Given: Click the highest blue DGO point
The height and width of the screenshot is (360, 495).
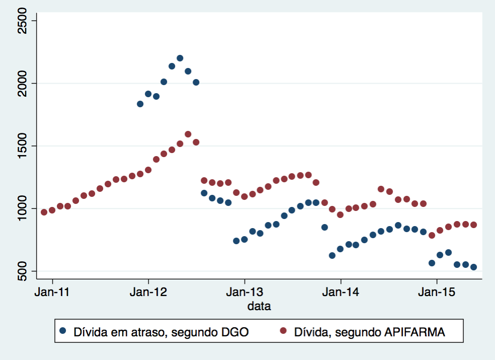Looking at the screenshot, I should pos(180,58).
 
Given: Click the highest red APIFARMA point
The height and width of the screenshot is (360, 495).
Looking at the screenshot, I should pos(188,134).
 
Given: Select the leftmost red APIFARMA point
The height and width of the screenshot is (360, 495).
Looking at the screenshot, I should pos(44,212).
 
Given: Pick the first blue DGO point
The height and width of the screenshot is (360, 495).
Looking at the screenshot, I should pos(140,104).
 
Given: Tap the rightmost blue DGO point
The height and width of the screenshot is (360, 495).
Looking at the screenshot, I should pos(473,267).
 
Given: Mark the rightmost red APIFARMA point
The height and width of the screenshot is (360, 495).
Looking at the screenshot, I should pos(473,225).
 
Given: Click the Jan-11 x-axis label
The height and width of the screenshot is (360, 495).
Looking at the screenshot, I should pos(52,292).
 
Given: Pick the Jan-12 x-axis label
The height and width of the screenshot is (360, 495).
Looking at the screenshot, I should pos(148,292).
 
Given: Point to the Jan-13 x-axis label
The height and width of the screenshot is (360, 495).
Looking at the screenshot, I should pos(244,292).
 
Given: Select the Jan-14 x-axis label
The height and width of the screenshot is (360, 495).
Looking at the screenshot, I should pos(341,292).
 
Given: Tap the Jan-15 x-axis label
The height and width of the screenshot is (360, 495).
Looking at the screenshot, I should pos(437,292).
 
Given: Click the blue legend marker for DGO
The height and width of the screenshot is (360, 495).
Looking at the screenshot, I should pos(63,331).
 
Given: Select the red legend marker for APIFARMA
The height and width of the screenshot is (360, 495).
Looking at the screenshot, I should pos(283,331).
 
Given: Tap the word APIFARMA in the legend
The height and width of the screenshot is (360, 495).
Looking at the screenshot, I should pos(414,332).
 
